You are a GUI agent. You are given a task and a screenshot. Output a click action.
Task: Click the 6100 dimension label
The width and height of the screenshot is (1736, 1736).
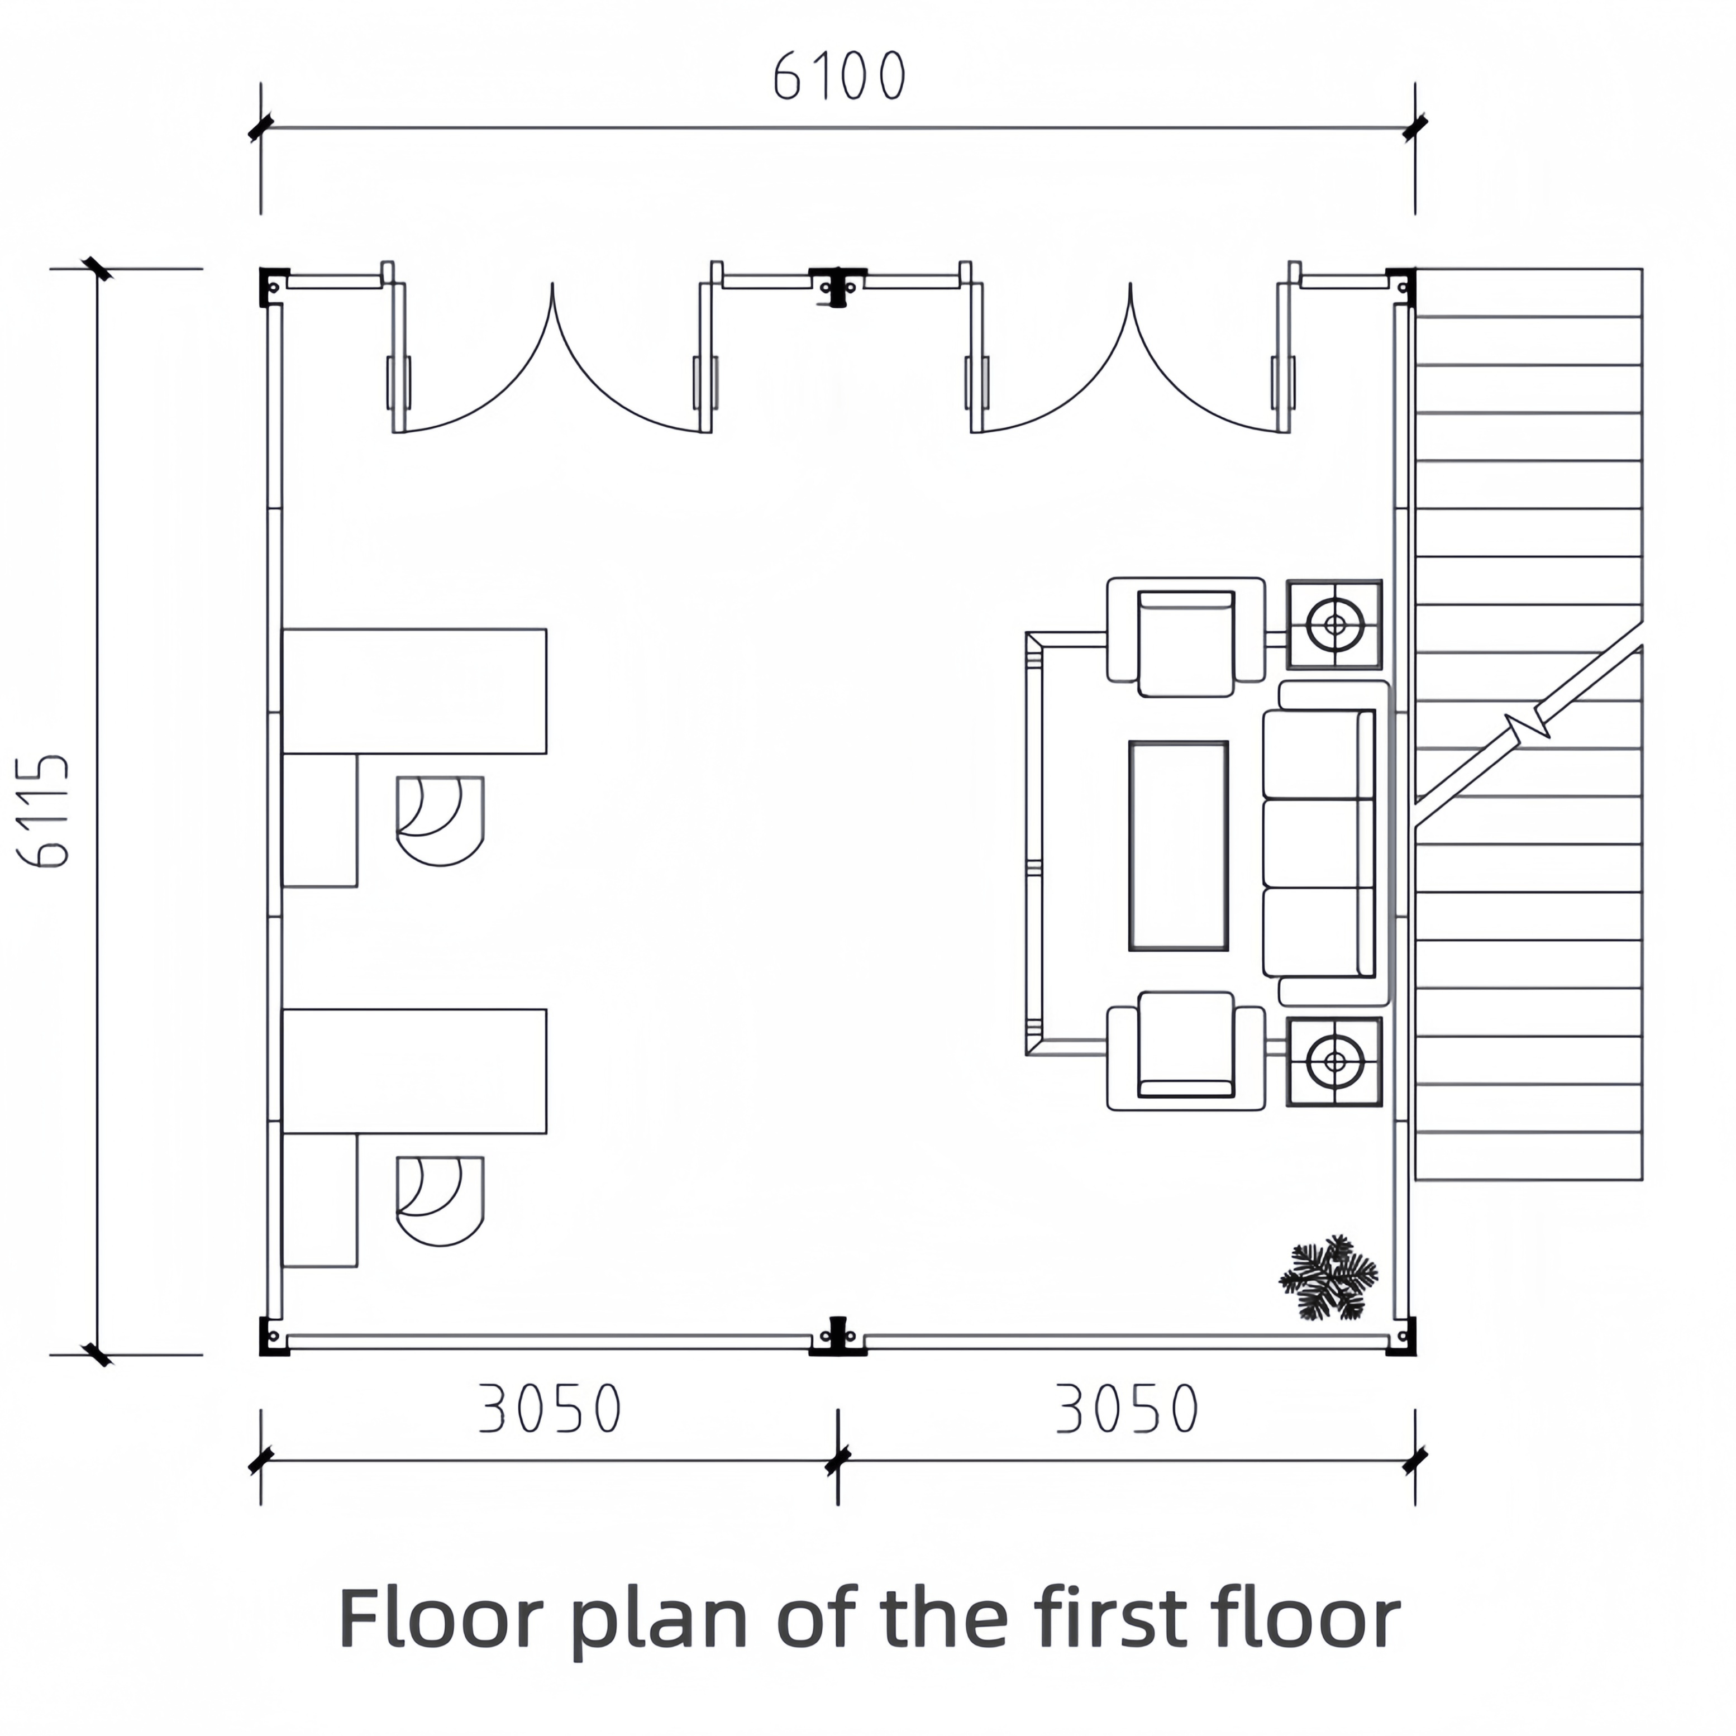coord(840,77)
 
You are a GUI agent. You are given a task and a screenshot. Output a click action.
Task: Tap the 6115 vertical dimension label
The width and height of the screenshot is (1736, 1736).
coord(43,812)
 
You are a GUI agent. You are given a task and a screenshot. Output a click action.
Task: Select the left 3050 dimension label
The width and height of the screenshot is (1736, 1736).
coord(549,1408)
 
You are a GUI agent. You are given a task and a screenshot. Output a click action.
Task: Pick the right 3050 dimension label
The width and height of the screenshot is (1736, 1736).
coord(1127,1408)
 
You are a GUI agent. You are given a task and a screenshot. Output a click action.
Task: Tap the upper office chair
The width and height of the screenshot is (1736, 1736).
coord(440,821)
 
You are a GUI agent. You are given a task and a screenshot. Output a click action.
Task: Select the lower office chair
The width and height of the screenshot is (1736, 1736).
coord(440,1201)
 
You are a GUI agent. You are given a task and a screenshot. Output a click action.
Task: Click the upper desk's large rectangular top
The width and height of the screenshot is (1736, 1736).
coord(414,691)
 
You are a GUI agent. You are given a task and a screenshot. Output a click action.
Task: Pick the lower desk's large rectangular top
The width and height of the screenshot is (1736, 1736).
coord(414,1071)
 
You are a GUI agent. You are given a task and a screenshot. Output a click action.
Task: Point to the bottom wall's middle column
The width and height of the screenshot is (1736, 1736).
coord(837,1336)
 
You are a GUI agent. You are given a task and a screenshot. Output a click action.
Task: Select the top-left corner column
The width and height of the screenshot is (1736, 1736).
coord(273,286)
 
